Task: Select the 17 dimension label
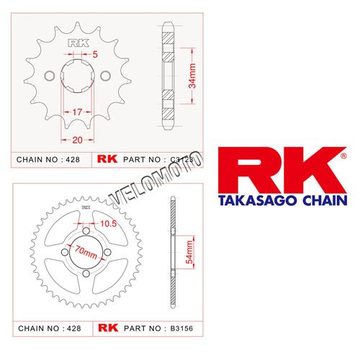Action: (x=77, y=112)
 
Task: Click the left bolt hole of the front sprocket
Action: (x=50, y=76)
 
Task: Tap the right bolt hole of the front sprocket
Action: (x=106, y=76)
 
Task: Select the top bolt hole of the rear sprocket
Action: (x=84, y=230)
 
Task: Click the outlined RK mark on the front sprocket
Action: (x=78, y=42)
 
